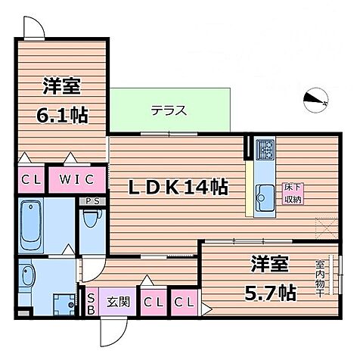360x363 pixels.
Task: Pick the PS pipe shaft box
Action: coord(93,201)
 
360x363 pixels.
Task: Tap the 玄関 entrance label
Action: coord(117,302)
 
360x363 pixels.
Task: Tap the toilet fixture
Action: coord(92,222)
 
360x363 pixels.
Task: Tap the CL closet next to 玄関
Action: coord(153,302)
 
